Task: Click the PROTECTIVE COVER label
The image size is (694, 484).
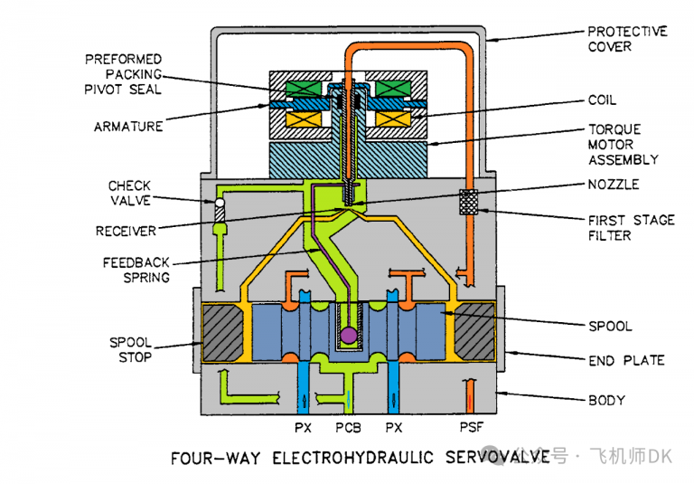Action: (x=627, y=39)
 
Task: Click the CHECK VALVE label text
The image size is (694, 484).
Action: (x=129, y=193)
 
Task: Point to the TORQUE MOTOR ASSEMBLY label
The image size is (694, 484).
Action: (x=624, y=145)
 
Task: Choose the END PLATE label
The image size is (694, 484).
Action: (x=626, y=360)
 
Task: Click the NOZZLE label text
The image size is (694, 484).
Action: (x=614, y=185)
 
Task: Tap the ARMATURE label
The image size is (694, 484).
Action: (x=127, y=127)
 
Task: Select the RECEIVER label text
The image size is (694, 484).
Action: (x=126, y=231)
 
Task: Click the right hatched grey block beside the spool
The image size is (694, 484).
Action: (x=473, y=333)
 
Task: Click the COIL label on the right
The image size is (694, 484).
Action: (x=603, y=100)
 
